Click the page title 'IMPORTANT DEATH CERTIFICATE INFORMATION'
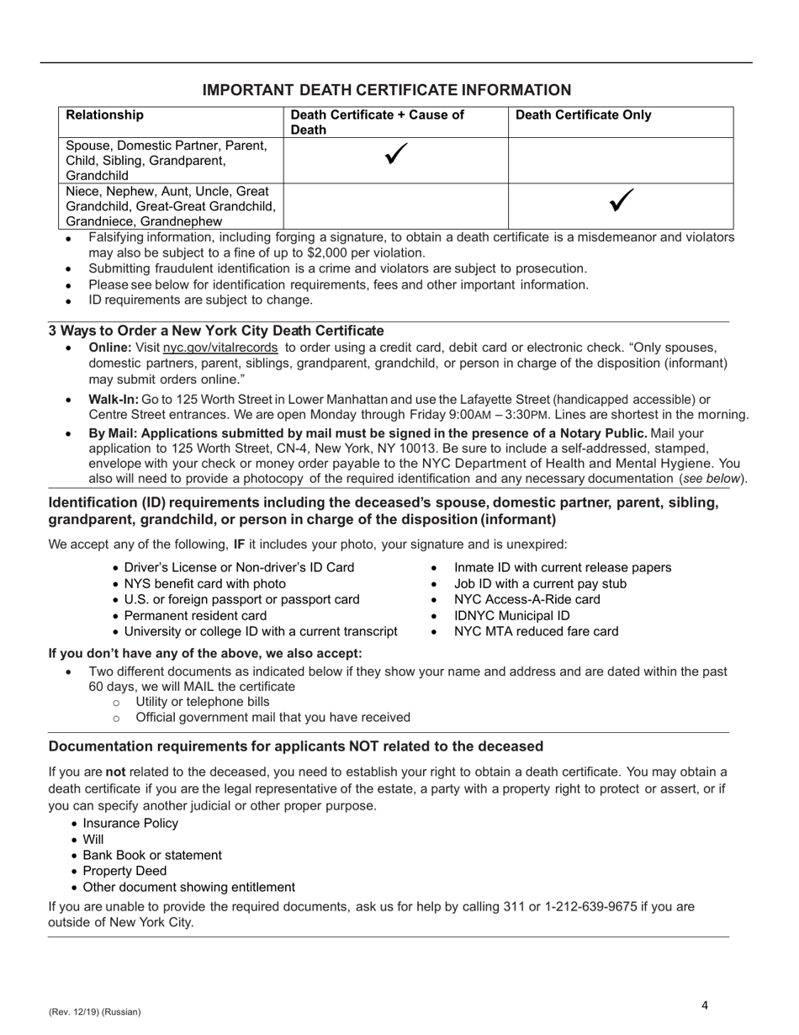[x=387, y=90]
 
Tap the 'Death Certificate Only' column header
[x=583, y=115]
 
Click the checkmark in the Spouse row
[x=395, y=156]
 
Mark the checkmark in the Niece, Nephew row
[x=620, y=200]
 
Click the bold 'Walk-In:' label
[x=114, y=399]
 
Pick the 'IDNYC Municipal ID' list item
[x=511, y=616]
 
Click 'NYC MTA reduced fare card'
[x=536, y=632]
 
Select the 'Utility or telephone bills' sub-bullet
[x=202, y=702]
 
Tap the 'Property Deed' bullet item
[x=124, y=871]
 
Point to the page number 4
[x=705, y=1005]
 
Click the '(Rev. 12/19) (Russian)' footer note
[x=94, y=1011]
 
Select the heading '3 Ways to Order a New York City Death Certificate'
[x=216, y=331]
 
